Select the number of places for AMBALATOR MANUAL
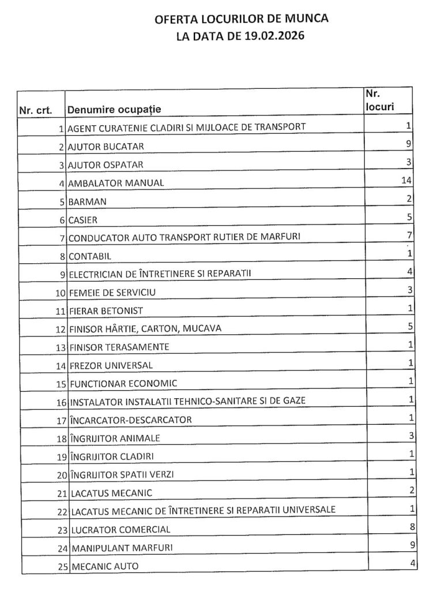tap(405, 181)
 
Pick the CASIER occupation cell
tap(83, 220)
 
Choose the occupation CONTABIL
tap(89, 256)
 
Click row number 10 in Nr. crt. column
tap(60, 293)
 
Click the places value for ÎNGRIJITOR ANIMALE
tap(409, 436)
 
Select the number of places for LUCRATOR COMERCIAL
tap(409, 526)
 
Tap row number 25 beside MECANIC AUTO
tap(62, 566)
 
